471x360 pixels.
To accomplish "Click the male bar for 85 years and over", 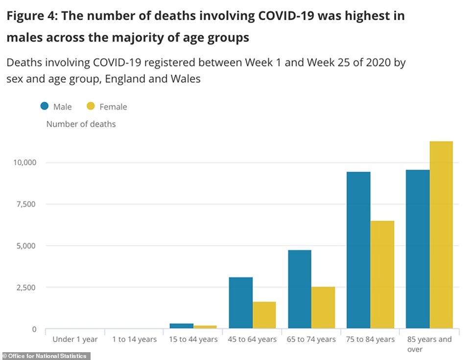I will (x=418, y=249).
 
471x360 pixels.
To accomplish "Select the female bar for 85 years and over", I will (x=441, y=235).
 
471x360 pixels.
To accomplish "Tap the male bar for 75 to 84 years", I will (x=358, y=250).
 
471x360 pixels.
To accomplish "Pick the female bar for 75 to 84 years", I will (x=382, y=274).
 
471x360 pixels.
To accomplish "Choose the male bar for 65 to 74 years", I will (x=299, y=289).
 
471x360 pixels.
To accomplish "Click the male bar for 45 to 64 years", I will (x=240, y=303).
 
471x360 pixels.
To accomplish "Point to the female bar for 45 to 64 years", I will (x=264, y=315).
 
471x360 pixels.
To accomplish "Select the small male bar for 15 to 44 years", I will (x=182, y=326).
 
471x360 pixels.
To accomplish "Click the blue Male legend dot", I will (x=44, y=106).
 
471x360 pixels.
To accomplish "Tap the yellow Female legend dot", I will (x=91, y=106).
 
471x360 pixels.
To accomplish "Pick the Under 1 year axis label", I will (x=75, y=339).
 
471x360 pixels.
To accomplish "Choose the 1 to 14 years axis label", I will (x=134, y=339).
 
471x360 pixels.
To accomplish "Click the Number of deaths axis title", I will (x=81, y=124).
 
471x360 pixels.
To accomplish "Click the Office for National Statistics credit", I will (x=44, y=356).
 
